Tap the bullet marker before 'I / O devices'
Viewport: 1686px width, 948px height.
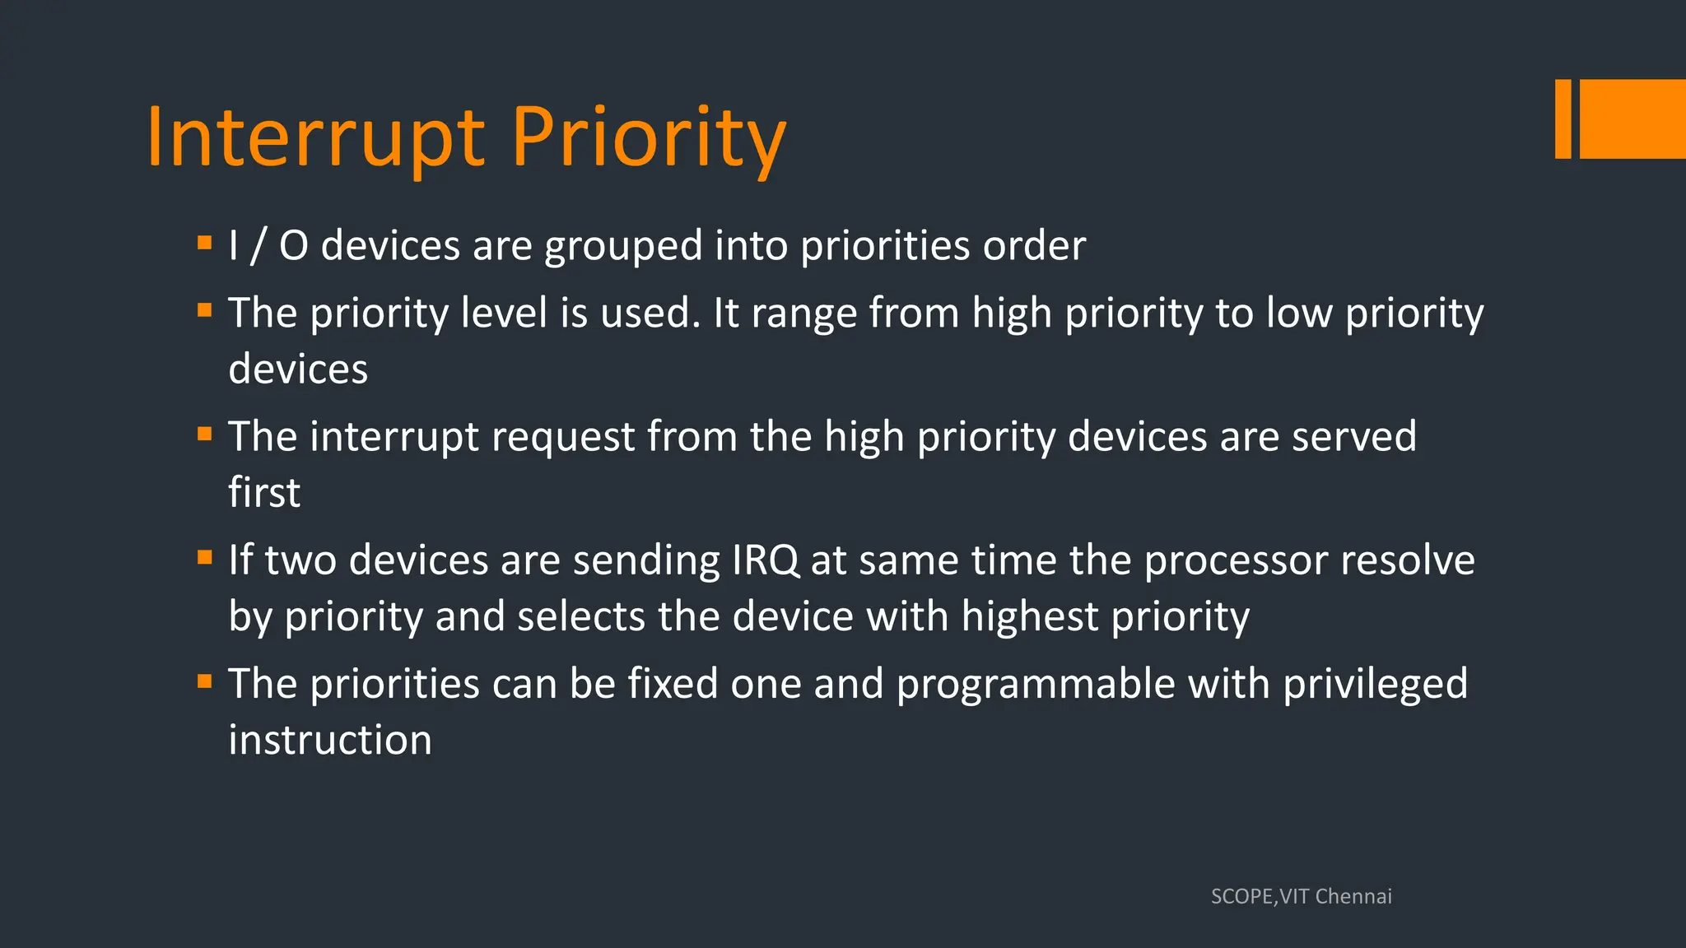pos(205,244)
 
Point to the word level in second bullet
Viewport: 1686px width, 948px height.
pos(504,314)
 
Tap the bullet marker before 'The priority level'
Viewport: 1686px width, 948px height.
pos(205,311)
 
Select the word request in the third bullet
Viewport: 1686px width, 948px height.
pos(562,438)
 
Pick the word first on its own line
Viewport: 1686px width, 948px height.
pos(264,492)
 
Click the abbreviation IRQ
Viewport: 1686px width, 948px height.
pos(765,560)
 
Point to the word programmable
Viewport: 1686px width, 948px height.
pos(1036,685)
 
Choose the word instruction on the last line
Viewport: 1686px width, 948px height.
pos(330,740)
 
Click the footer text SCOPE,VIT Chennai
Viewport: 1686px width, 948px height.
pos(1301,896)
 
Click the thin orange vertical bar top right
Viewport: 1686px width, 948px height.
pos(1563,118)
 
